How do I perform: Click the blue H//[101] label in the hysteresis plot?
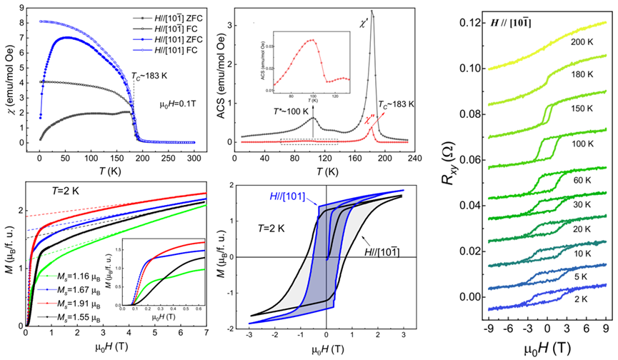(x=287, y=194)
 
